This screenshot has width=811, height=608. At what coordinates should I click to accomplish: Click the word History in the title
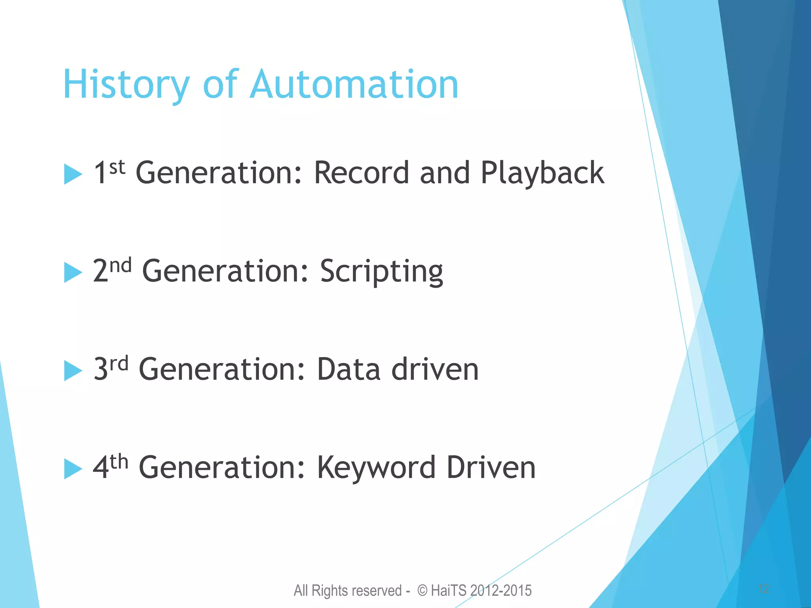click(126, 85)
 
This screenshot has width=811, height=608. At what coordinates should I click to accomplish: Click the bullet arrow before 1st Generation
click(72, 174)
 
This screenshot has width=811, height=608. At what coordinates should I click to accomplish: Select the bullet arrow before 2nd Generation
click(72, 272)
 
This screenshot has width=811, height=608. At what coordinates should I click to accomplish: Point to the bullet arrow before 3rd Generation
click(72, 370)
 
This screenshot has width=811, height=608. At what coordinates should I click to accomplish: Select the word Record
click(361, 173)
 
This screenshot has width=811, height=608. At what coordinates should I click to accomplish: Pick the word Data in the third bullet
click(348, 369)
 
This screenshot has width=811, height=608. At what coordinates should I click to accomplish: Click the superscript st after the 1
click(117, 167)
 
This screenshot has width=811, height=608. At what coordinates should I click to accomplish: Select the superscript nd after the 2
click(120, 266)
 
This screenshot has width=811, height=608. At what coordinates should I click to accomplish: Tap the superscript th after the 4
click(119, 462)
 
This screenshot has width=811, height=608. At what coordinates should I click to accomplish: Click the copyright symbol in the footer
click(423, 591)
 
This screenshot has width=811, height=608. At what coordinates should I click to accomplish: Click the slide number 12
click(763, 589)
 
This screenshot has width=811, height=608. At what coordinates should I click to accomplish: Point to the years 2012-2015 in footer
click(501, 591)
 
